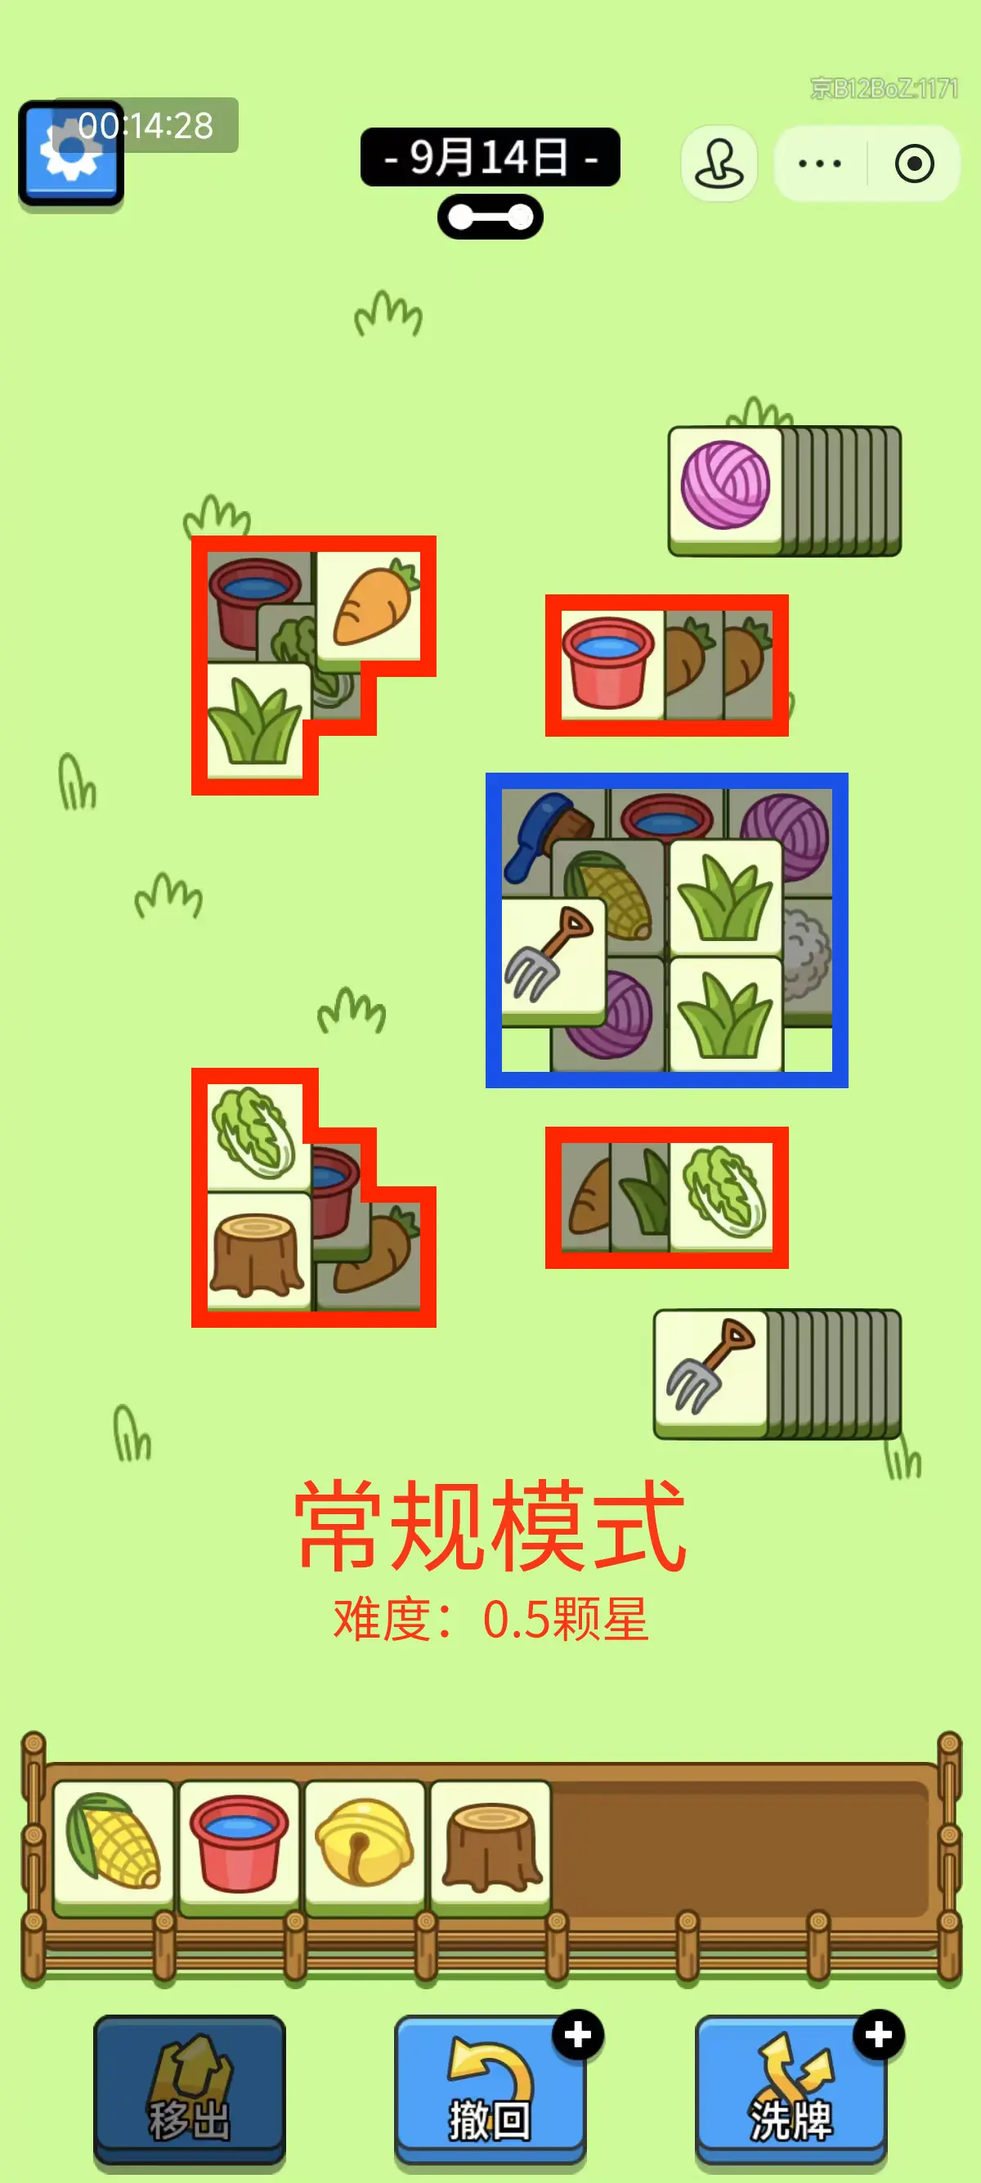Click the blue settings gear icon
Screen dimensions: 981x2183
click(71, 155)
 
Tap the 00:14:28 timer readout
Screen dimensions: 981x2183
click(146, 125)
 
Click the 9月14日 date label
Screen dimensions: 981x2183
click(490, 157)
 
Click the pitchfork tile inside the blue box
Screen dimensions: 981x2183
click(553, 958)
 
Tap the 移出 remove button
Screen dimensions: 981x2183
click(190, 2088)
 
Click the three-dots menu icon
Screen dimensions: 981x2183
click(820, 164)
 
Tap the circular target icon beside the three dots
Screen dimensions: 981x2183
click(915, 164)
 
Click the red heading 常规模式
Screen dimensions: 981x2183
click(490, 1526)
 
